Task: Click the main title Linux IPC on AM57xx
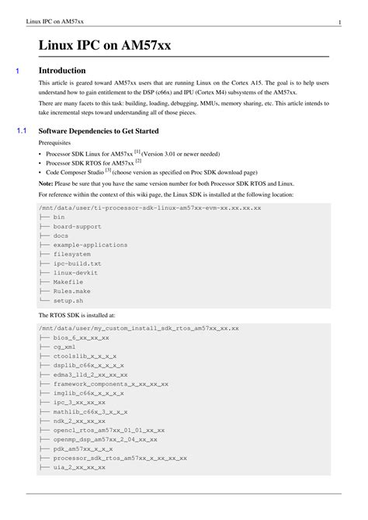[105, 46]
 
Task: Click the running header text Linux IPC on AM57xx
[55, 21]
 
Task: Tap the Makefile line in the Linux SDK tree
[68, 282]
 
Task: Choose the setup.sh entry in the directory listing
[68, 300]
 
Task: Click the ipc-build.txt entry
[77, 263]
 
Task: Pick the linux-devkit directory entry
[77, 273]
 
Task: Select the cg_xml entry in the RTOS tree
[66, 347]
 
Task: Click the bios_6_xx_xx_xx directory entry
[81, 337]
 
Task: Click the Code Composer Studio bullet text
[76, 173]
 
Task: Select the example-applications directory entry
[90, 245]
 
